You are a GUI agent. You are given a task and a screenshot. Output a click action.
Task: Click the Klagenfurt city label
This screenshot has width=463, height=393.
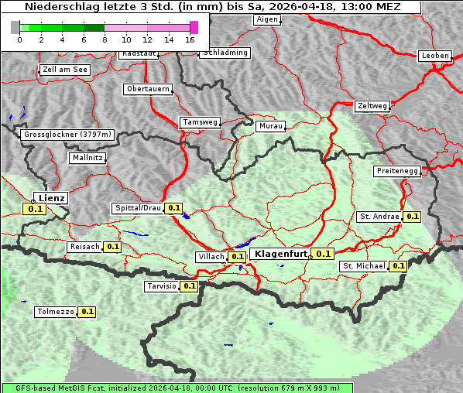coord(281,254)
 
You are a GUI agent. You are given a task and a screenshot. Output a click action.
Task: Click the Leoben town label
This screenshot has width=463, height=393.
coord(434,56)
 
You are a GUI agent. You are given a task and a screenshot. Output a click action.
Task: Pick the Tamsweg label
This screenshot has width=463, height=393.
coord(200,122)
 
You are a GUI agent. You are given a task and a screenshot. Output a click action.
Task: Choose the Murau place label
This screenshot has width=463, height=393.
coord(271,125)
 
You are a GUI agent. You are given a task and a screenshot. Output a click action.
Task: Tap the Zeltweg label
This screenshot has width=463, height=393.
coord(372,105)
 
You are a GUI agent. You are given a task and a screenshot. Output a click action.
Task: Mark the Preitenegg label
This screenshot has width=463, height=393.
coord(397,170)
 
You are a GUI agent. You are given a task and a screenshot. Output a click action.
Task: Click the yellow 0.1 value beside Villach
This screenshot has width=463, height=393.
coord(237,257)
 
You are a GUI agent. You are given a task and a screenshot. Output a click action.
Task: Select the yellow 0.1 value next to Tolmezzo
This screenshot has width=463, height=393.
coord(87,312)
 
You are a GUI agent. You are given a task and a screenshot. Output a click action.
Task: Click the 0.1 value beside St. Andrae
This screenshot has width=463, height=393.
coord(412,217)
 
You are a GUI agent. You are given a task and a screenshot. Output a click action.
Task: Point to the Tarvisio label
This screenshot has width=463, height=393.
coord(161,286)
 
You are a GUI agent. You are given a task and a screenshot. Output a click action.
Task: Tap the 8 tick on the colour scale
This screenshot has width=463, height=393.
coord(105,39)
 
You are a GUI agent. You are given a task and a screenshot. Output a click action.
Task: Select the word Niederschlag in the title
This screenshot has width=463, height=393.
coord(55,6)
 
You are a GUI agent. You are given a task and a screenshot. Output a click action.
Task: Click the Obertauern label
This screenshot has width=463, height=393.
coord(148,89)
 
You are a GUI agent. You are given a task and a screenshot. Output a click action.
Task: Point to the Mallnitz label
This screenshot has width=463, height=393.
coord(87,157)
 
